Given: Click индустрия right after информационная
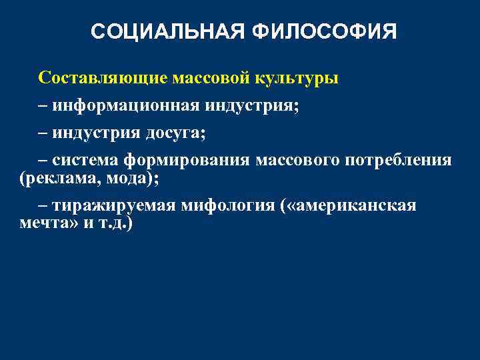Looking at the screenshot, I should [251, 106].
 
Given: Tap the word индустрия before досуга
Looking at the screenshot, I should [97, 133].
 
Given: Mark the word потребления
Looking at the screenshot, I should [403, 161].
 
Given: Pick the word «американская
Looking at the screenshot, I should [350, 206].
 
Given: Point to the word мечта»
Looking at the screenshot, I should [45, 223].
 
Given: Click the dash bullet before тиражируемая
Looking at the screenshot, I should [43, 206].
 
